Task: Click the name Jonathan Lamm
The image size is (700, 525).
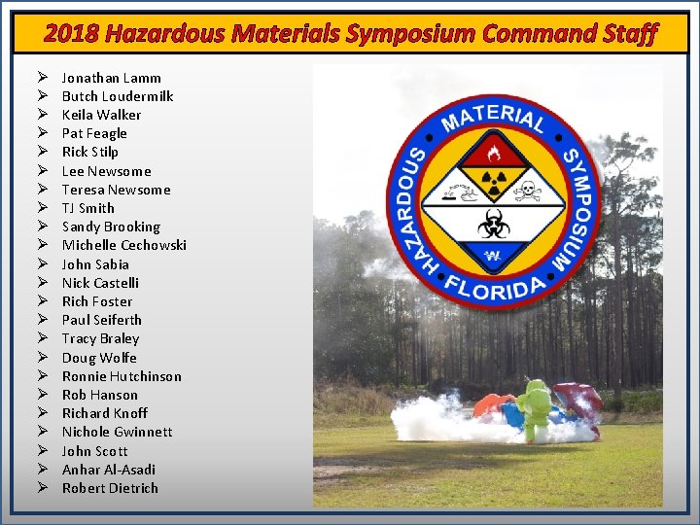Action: (111, 78)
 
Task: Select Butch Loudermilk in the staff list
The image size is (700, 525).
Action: (117, 96)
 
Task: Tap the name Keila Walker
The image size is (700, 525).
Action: (101, 115)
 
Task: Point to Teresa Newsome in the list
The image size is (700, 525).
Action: (116, 190)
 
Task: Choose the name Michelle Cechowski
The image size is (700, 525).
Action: (123, 245)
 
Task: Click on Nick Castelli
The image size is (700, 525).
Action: (100, 283)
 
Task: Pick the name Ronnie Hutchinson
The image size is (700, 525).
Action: (122, 376)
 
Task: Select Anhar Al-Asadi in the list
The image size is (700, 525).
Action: (108, 470)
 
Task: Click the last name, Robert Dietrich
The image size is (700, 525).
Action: (110, 488)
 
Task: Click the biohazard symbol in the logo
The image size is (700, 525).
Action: (488, 221)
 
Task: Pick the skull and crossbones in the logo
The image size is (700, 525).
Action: (528, 189)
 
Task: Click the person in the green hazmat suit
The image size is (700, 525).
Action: (534, 408)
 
